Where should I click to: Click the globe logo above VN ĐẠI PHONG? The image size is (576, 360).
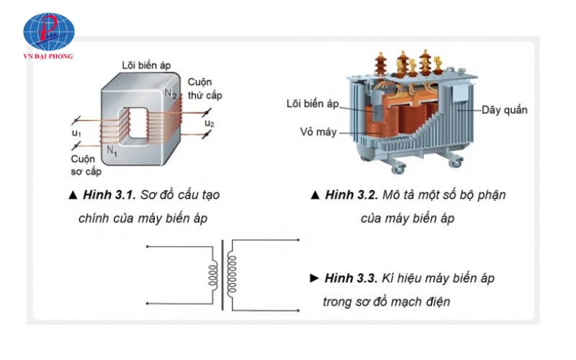pyautogui.click(x=48, y=30)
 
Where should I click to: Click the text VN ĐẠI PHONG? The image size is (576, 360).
pyautogui.click(x=48, y=55)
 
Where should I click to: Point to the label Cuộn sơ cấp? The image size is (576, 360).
pyautogui.click(x=86, y=165)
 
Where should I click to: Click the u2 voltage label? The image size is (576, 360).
pyautogui.click(x=210, y=123)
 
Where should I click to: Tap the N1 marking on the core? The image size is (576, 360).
pyautogui.click(x=112, y=150)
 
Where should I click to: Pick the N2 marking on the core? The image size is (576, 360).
pyautogui.click(x=170, y=94)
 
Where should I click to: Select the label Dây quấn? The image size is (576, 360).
pyautogui.click(x=505, y=110)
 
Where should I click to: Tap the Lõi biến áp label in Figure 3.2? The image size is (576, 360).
pyautogui.click(x=312, y=104)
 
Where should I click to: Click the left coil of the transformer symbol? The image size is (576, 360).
pyautogui.click(x=213, y=274)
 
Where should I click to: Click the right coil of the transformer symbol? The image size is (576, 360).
pyautogui.click(x=232, y=274)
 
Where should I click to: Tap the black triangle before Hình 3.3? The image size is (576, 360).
pyautogui.click(x=313, y=278)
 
